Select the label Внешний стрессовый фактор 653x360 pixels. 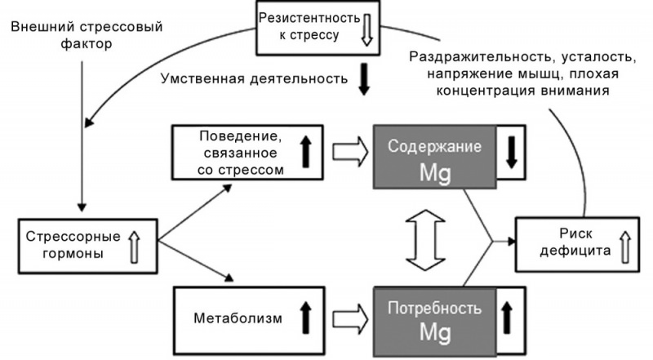[87, 35]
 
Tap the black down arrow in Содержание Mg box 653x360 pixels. [512, 153]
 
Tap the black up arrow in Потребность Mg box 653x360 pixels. [512, 319]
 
